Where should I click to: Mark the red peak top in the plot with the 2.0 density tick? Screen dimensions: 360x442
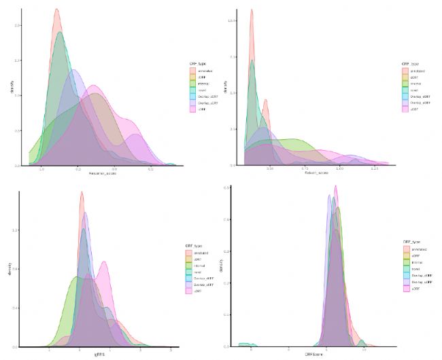pos(56,10)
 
